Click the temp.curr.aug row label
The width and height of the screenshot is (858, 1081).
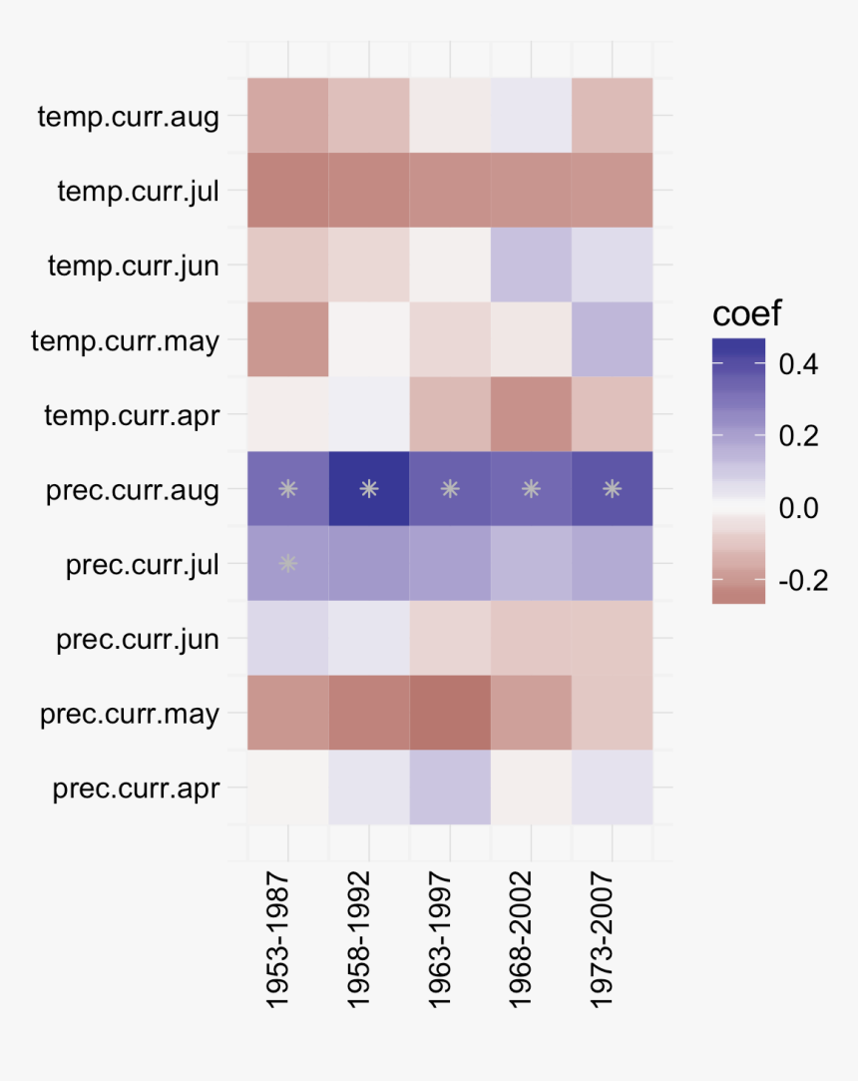click(x=128, y=116)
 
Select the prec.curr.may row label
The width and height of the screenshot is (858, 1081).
click(x=130, y=714)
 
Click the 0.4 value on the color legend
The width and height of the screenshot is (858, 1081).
click(x=798, y=364)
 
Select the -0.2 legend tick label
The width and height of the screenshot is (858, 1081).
click(x=802, y=581)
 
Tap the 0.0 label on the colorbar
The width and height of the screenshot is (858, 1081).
click(x=798, y=508)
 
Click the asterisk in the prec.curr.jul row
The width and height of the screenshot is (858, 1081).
click(x=288, y=563)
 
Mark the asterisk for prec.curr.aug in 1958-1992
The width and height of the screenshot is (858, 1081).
click(x=369, y=489)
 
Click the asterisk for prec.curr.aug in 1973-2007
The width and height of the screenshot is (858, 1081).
click(x=612, y=489)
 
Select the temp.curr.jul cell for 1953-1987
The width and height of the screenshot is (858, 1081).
click(x=288, y=190)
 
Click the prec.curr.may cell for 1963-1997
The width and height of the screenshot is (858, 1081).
click(x=450, y=713)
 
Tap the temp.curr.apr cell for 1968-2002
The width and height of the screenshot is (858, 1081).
click(x=531, y=414)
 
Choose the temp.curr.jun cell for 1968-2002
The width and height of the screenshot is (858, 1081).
click(x=531, y=265)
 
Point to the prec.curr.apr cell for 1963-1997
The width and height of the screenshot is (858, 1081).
click(x=450, y=788)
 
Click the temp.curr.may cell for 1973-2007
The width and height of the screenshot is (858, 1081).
click(x=612, y=339)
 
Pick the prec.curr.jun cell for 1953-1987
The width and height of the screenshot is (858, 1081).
click(x=288, y=638)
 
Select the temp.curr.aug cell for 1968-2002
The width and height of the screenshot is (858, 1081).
click(x=531, y=115)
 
